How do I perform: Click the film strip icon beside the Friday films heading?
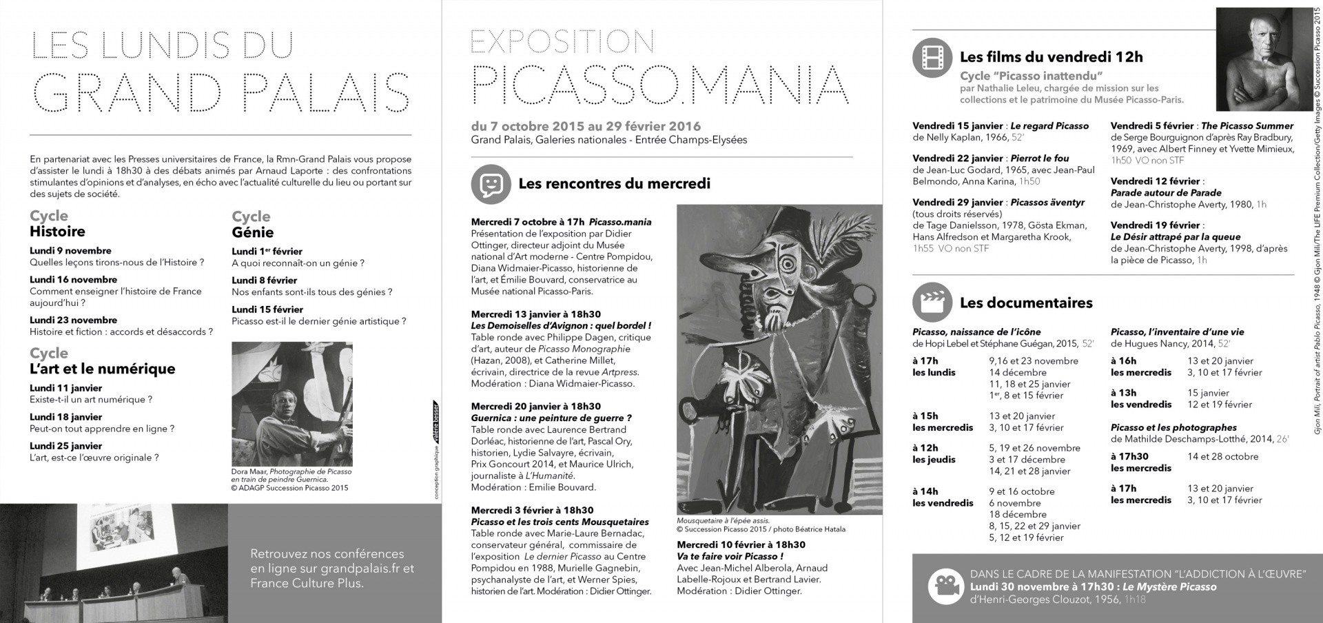tap(932, 57)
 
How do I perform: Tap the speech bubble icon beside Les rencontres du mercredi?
tap(491, 183)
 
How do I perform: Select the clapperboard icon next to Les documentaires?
tap(932, 303)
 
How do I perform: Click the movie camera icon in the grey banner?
tap(945, 586)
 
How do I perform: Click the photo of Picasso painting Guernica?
tap(292, 404)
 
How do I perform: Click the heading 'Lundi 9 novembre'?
tap(70, 251)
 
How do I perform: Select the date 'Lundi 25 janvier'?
tap(65, 446)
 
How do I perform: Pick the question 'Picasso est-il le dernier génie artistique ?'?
tap(319, 321)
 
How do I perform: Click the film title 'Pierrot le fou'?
tap(1040, 159)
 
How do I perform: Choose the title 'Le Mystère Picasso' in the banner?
tap(1169, 587)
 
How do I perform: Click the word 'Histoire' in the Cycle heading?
tap(57, 232)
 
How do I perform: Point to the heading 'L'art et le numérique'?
tap(102, 369)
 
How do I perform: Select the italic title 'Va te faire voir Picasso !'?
tap(730, 556)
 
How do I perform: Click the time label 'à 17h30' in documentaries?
tap(1129, 456)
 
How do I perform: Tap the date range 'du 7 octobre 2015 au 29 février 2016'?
tap(586, 126)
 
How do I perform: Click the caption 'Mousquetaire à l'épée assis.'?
tap(723, 521)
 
